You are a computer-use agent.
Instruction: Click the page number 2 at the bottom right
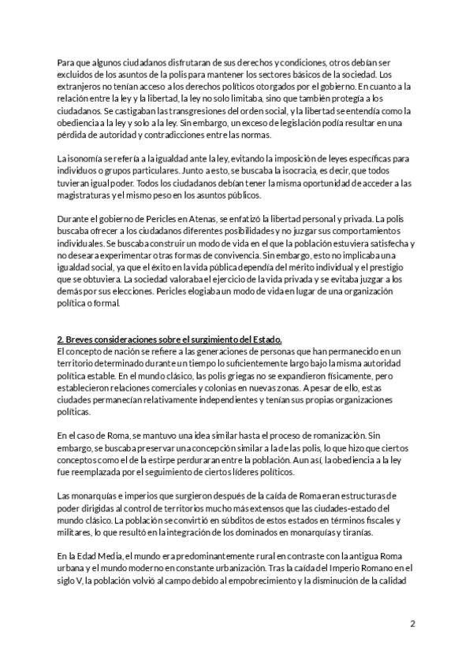tap(412, 624)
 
